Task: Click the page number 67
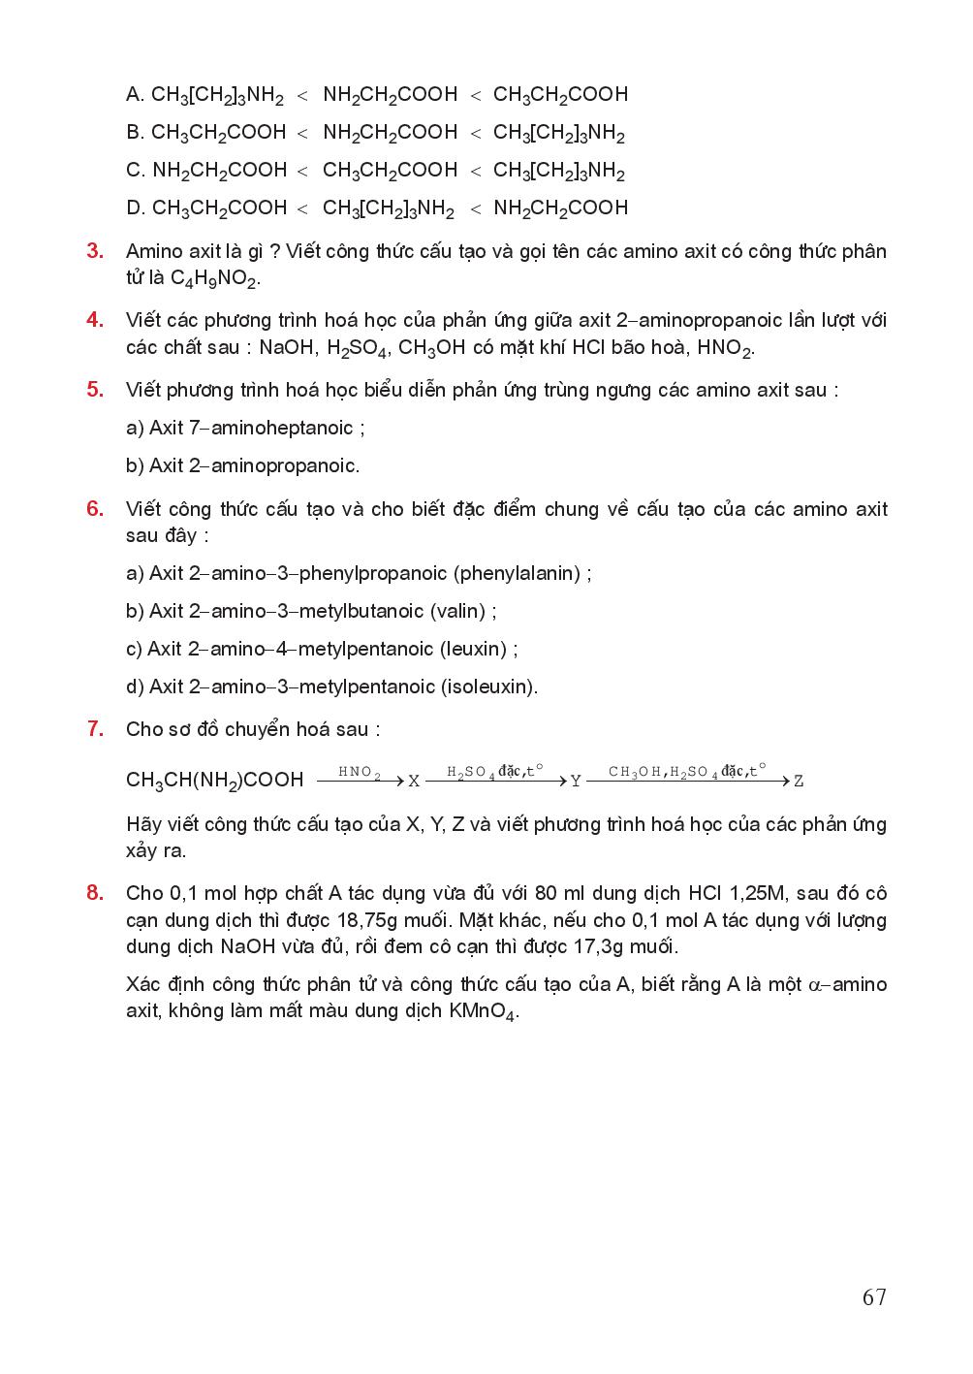873,1297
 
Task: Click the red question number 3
95,251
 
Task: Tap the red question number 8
95,893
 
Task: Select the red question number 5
95,390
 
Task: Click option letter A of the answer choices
134,94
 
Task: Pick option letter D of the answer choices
134,208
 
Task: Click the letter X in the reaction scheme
414,781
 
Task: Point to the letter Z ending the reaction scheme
799,781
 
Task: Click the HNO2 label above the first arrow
359,772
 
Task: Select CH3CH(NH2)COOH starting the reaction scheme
214,780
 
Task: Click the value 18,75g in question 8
405,919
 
